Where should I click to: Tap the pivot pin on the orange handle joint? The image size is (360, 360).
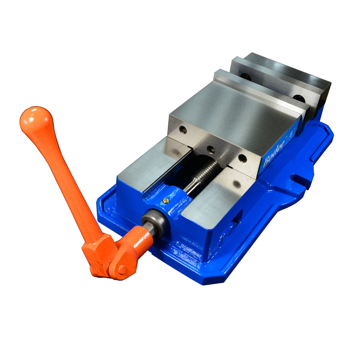click(122, 269)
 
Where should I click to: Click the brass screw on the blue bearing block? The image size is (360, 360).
click(166, 201)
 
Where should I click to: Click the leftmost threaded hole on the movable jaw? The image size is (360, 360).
click(183, 130)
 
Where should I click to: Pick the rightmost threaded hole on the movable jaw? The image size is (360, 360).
click(243, 158)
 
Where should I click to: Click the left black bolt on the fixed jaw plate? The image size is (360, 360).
click(246, 76)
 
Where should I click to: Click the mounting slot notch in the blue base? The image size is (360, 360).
click(301, 178)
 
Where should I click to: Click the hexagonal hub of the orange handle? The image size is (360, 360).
click(97, 252)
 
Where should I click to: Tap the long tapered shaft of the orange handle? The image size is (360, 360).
click(65, 180)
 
